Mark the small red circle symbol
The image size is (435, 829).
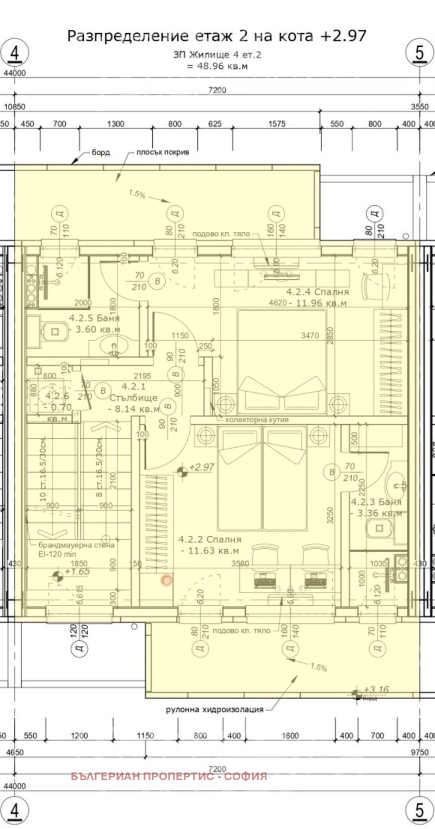[166, 581]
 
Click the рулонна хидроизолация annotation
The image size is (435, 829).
[215, 709]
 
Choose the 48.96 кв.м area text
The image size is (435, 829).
[217, 66]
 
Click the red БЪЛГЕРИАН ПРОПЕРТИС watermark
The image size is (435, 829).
[169, 776]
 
